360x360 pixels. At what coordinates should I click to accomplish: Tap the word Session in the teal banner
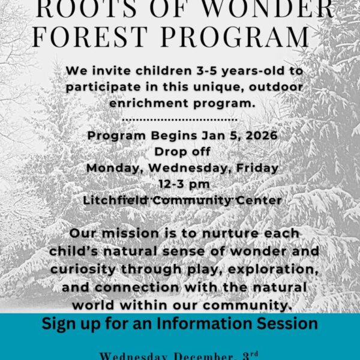point(287,324)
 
